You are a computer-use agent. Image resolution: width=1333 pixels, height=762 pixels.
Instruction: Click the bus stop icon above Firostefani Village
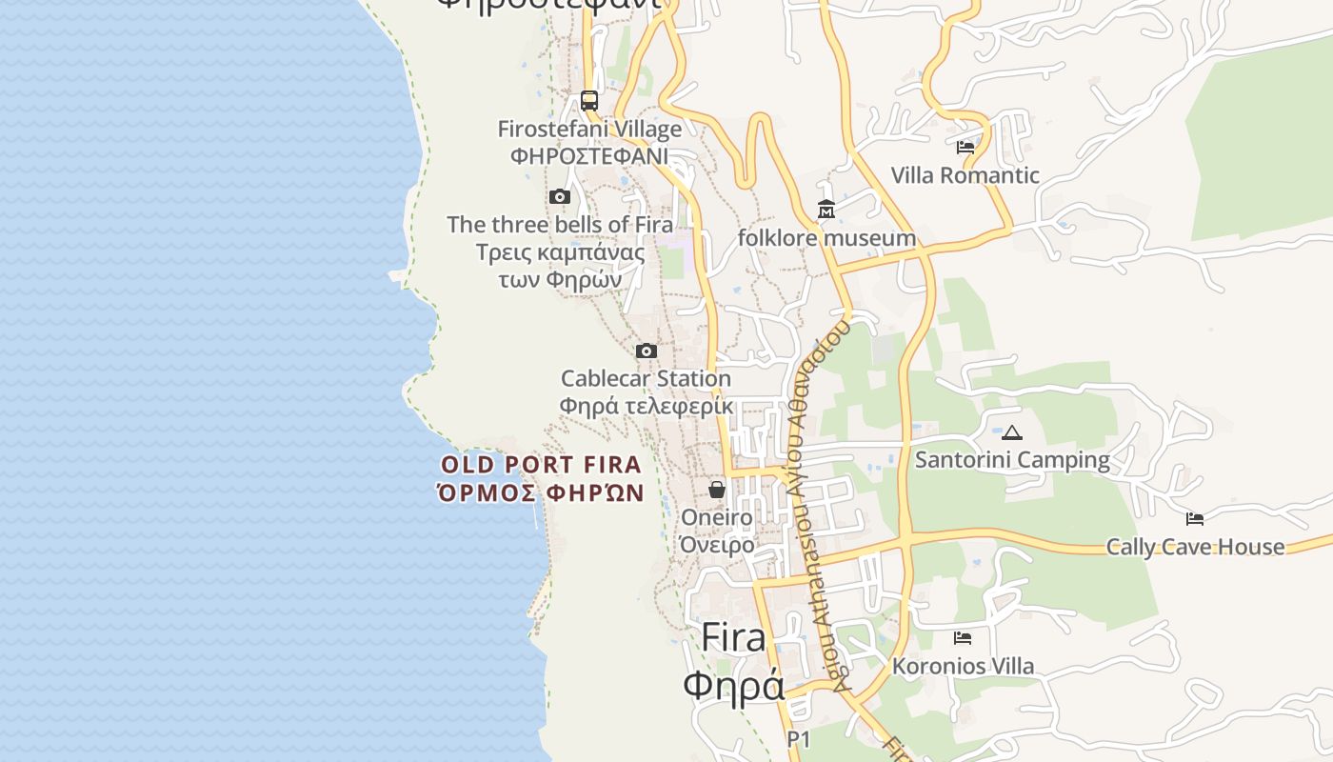(589, 101)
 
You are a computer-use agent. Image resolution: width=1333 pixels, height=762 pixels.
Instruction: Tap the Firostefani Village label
(589, 129)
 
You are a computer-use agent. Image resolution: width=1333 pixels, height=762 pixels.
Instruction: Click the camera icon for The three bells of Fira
(560, 197)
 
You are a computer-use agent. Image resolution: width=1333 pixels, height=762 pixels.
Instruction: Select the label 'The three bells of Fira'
(560, 225)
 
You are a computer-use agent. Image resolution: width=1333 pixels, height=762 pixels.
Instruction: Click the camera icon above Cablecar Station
(647, 351)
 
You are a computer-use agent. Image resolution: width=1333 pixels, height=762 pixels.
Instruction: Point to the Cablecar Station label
(646, 379)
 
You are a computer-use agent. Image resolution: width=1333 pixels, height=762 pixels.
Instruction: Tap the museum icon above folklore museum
(826, 210)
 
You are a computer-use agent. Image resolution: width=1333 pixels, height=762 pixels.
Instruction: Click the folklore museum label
(826, 237)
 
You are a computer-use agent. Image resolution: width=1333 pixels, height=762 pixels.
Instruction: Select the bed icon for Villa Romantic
(965, 148)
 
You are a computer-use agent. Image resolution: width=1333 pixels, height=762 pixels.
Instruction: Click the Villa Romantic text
(965, 175)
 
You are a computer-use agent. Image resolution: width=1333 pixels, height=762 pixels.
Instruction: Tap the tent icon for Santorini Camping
(1012, 432)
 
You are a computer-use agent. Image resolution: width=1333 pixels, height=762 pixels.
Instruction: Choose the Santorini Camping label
(1012, 460)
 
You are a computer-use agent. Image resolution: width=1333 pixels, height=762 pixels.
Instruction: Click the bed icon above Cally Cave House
(1195, 519)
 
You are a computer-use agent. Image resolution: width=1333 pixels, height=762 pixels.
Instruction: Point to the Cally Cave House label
(1195, 547)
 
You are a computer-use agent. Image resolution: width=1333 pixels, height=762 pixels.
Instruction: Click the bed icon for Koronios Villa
(963, 638)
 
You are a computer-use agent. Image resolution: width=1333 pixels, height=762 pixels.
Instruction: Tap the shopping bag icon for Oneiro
(716, 490)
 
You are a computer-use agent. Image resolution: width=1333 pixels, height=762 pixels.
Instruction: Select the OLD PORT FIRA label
(541, 466)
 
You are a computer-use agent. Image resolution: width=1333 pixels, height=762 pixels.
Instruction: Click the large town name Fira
(733, 638)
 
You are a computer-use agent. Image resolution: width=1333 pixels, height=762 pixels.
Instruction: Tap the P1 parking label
(798, 738)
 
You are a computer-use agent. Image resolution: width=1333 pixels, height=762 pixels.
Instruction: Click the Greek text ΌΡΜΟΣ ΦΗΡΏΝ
(541, 492)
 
